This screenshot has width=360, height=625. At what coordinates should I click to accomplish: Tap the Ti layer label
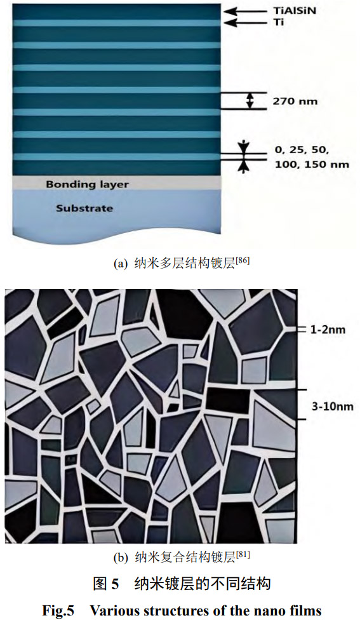click(x=279, y=23)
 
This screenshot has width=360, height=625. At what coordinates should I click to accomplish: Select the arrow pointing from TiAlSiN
click(x=246, y=11)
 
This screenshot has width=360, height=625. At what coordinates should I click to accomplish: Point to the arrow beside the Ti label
click(x=246, y=23)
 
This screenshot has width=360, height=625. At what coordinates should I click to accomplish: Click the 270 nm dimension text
click(x=295, y=101)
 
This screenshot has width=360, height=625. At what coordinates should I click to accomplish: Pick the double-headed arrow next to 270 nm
click(x=250, y=101)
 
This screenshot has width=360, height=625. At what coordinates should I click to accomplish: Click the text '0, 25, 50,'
click(x=302, y=151)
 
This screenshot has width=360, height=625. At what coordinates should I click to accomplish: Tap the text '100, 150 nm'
click(x=312, y=164)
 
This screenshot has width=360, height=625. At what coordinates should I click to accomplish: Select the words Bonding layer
click(x=87, y=185)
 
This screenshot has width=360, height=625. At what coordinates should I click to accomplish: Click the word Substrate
click(x=84, y=208)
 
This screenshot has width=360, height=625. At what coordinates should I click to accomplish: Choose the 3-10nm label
click(x=333, y=407)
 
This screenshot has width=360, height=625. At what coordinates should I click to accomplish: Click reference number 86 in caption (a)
click(x=243, y=261)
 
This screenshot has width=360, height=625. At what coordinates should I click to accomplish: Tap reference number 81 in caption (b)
click(x=243, y=554)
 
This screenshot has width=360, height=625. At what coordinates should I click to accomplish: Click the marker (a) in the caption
click(x=120, y=264)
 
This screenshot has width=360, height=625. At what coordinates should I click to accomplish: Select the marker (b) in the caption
click(x=121, y=558)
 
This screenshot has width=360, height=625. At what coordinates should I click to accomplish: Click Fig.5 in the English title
click(x=58, y=610)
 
